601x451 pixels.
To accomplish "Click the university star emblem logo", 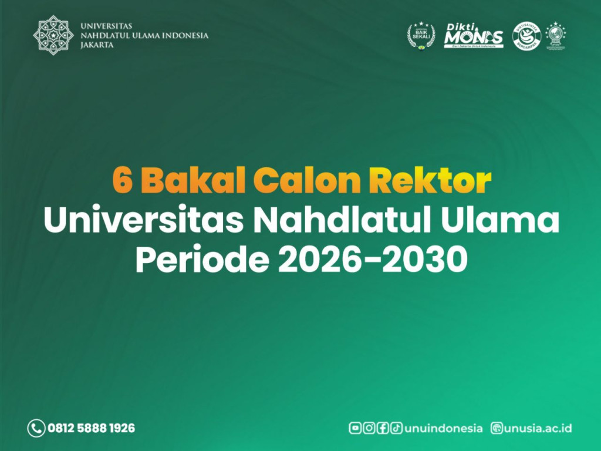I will tap(53, 35).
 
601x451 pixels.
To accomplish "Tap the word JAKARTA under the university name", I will tap(97, 45).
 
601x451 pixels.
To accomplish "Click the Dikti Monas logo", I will tap(473, 36).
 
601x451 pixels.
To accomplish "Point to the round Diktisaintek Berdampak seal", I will tap(526, 35).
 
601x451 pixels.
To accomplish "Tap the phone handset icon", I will tap(36, 428).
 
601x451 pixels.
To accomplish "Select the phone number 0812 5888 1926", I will tap(91, 428).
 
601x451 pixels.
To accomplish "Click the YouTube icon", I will tap(354, 428).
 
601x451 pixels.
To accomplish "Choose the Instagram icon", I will tap(369, 428).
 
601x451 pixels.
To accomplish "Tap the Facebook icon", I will tap(383, 428).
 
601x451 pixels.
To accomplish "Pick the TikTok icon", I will tap(397, 428).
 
